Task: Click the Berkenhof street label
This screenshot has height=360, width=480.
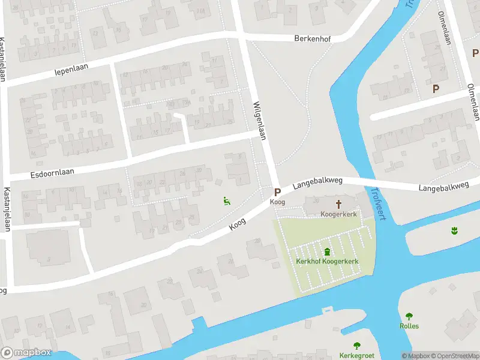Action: click(x=313, y=38)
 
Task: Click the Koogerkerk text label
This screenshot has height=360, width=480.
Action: click(x=338, y=214)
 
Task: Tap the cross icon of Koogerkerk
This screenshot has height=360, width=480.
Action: click(x=338, y=204)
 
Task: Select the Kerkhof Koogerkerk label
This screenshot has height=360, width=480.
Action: click(x=326, y=261)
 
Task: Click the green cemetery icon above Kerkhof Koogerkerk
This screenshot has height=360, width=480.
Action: click(x=327, y=251)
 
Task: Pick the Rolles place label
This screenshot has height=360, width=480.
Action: click(x=409, y=326)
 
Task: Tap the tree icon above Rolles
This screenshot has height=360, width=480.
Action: click(x=409, y=316)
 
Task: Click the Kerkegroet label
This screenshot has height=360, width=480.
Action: click(x=356, y=355)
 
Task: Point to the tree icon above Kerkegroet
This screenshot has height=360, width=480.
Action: click(x=357, y=345)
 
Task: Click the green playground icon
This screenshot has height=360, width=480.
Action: click(x=226, y=202)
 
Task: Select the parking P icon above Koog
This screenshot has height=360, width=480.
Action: click(x=277, y=192)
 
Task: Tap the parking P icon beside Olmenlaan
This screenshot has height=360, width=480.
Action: click(x=436, y=88)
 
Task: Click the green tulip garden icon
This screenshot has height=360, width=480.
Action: click(x=454, y=230)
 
